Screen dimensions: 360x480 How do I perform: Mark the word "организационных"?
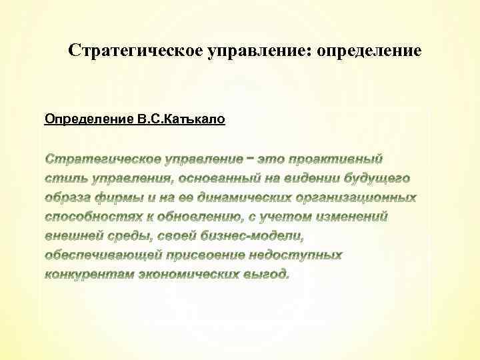click(366, 198)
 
